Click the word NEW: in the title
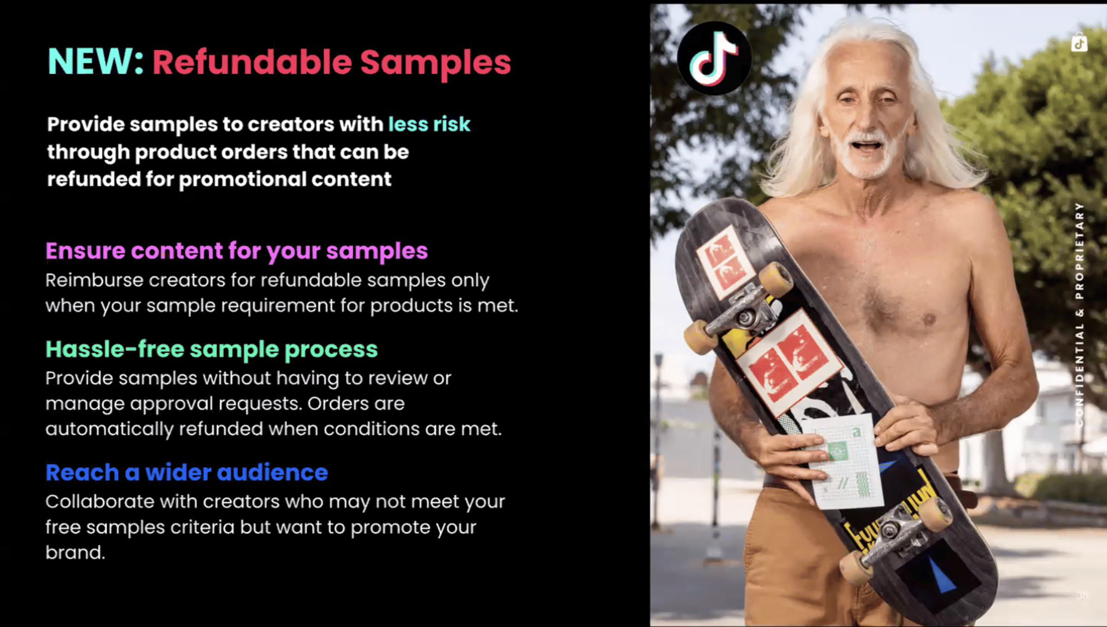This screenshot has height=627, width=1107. (x=95, y=62)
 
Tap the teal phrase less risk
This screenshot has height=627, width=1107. (x=429, y=124)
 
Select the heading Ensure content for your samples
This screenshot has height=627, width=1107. (x=237, y=252)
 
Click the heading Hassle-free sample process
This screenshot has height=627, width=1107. (x=212, y=349)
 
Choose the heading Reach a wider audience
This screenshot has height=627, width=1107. (x=187, y=473)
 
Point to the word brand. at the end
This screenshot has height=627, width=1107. (x=75, y=552)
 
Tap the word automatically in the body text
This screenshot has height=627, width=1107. (x=109, y=430)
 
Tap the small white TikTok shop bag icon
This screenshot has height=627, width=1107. (x=1079, y=42)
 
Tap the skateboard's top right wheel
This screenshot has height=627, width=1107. (x=776, y=279)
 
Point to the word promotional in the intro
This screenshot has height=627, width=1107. (x=242, y=179)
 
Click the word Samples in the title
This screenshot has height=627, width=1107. (x=435, y=63)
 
